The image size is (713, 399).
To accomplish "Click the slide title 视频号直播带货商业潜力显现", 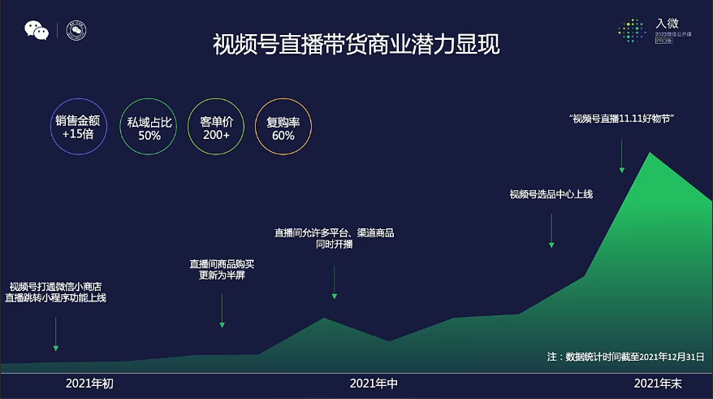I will click(x=356, y=44).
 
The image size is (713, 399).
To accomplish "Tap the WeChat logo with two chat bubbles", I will click(x=37, y=31).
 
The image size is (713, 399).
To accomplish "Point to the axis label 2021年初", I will click(x=89, y=383).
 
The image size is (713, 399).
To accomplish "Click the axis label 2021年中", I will click(x=374, y=383).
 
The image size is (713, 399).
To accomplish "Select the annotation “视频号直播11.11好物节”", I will click(x=623, y=119).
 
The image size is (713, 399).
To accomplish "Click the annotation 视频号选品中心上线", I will click(x=551, y=193).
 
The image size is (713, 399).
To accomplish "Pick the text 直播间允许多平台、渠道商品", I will click(x=334, y=233).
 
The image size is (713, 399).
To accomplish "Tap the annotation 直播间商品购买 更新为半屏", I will click(x=222, y=270).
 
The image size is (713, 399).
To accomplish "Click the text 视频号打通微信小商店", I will click(x=55, y=286).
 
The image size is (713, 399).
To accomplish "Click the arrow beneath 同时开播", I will click(x=334, y=280).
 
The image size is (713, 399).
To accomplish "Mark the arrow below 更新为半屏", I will click(x=222, y=310).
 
